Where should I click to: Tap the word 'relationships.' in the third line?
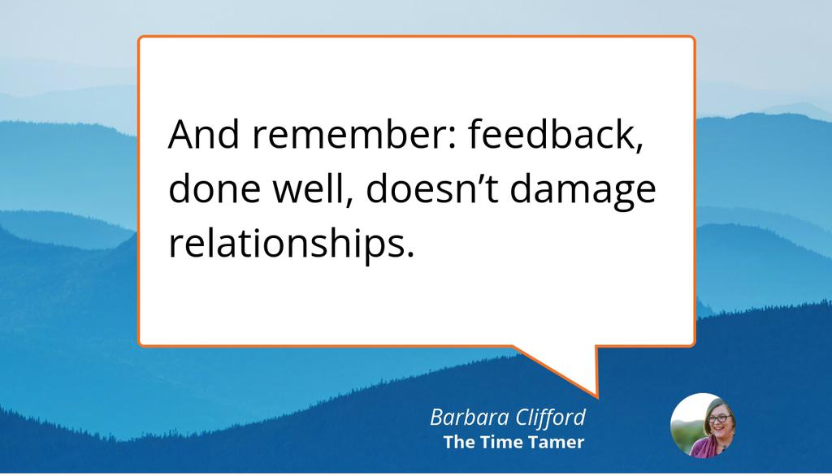coord(291,243)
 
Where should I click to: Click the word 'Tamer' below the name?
coord(560,443)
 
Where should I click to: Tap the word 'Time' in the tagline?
coord(509,443)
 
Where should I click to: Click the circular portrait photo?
coord(703,425)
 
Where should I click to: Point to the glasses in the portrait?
coord(717,418)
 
